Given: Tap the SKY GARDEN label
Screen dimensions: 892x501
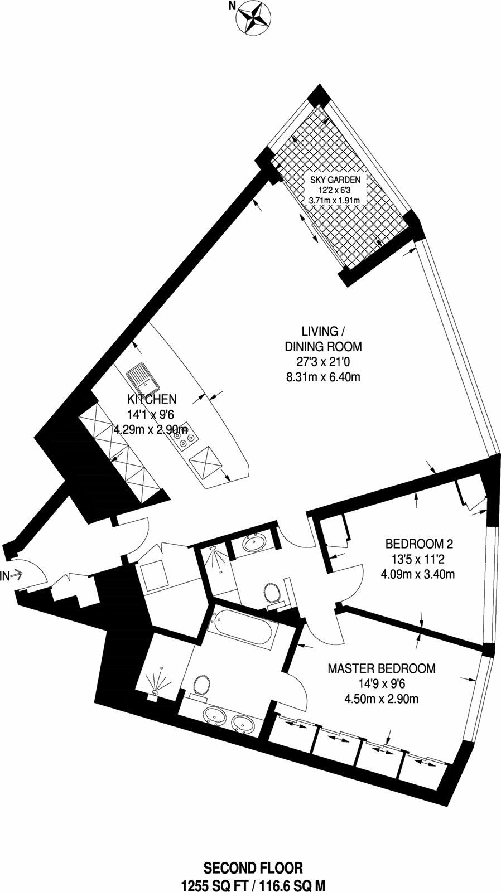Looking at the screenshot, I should [x=335, y=180].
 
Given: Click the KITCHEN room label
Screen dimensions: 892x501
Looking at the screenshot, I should [x=152, y=399].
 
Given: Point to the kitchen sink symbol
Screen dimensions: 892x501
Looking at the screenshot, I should [x=142, y=379].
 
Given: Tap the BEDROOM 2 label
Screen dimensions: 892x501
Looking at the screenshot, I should [x=417, y=543].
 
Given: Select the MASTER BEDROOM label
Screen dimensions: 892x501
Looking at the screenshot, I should [x=381, y=668].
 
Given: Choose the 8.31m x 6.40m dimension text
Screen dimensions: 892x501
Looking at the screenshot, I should [x=323, y=377].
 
